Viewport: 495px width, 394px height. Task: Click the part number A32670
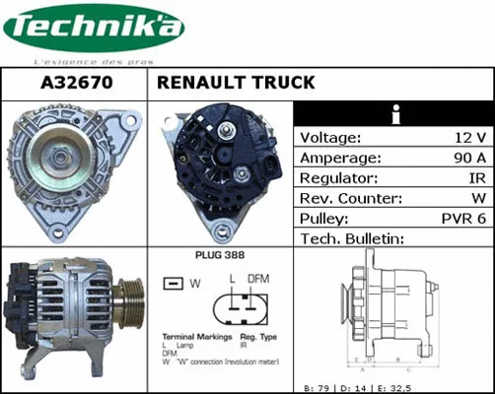pos(74,84)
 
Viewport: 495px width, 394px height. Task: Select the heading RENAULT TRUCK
pos(236,84)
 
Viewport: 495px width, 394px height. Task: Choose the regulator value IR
pos(474,178)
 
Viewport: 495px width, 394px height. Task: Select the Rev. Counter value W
pos(477,199)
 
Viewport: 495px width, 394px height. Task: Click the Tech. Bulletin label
pos(352,239)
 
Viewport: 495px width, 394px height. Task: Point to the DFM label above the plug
pos(257,280)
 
